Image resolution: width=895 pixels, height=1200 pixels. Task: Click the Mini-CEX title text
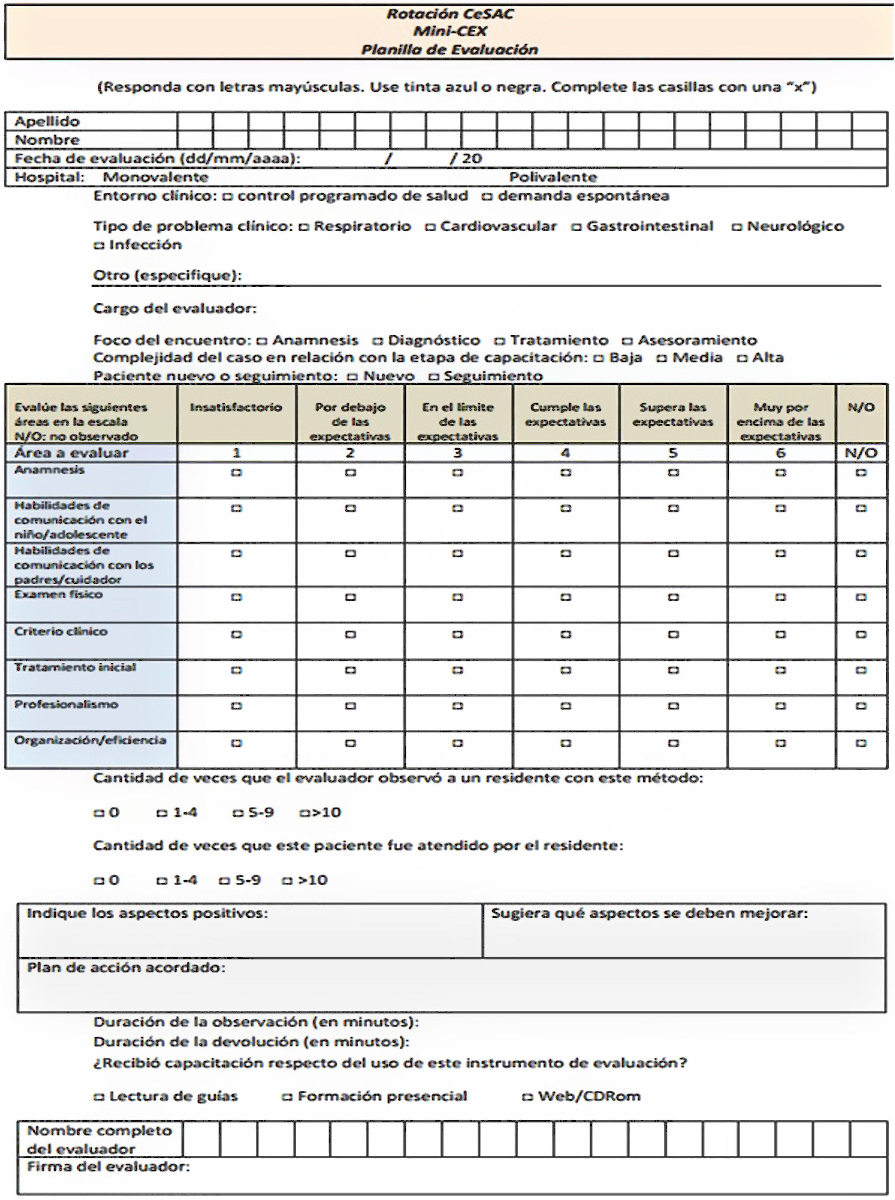pos(450,31)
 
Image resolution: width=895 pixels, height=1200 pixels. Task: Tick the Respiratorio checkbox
pos(304,227)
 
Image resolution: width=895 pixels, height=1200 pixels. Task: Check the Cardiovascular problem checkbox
pos(430,227)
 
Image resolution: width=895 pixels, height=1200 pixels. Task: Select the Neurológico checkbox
pos(737,227)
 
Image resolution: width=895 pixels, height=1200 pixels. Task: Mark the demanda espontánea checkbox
pos(487,197)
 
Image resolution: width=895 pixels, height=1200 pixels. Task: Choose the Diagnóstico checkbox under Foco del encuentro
pos(378,341)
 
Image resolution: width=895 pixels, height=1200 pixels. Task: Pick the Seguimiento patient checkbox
pos(434,377)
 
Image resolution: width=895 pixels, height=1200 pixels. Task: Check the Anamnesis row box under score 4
pos(566,473)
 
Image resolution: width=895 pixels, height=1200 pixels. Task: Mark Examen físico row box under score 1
pos(236,598)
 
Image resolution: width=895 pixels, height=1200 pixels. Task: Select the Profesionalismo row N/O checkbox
pos(861,706)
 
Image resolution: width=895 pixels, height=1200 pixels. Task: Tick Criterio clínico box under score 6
pos(780,634)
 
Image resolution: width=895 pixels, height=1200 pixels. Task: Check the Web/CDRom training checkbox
pos(527,1097)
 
